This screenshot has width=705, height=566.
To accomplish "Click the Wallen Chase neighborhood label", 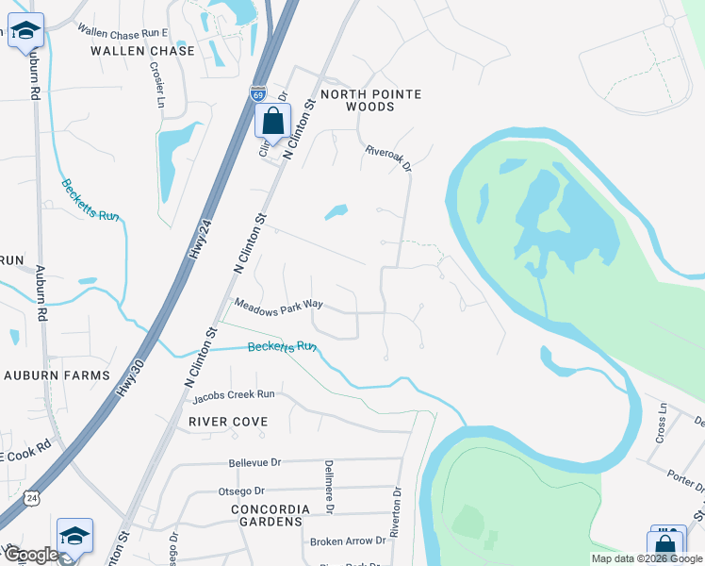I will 142,51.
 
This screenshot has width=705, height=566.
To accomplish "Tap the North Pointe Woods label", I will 370,101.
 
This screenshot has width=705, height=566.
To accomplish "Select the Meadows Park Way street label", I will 279,306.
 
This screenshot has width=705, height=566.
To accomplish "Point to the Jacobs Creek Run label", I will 232,393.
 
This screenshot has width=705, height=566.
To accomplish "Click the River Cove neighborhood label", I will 228,422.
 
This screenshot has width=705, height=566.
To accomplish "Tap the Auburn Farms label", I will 58,375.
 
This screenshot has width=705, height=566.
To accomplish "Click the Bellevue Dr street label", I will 255,463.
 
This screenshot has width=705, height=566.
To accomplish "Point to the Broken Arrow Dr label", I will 348,541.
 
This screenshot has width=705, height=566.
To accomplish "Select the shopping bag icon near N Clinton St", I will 272,122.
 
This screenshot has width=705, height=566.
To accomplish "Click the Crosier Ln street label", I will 157,86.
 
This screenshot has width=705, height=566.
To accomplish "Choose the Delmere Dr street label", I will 330,489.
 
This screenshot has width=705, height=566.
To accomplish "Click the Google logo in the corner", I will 30,555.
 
